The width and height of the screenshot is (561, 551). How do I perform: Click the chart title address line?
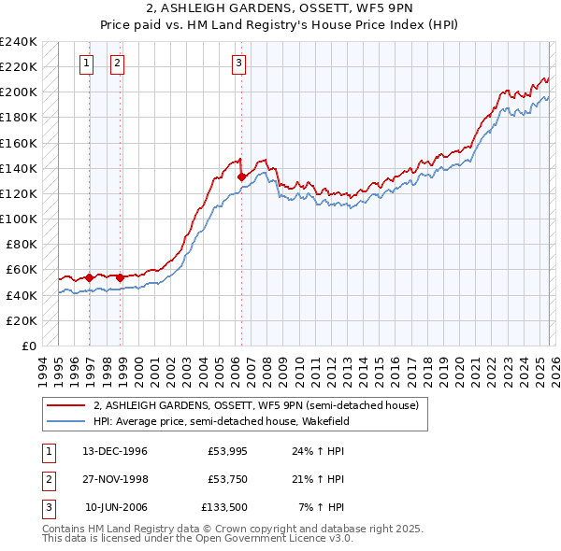(280, 10)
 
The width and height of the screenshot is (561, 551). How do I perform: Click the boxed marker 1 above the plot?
(86, 64)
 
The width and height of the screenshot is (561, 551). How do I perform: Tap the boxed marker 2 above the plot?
(117, 64)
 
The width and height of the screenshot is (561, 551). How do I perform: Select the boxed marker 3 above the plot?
(238, 64)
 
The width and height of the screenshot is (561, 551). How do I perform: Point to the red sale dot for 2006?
(241, 176)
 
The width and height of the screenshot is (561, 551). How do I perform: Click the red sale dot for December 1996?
(90, 277)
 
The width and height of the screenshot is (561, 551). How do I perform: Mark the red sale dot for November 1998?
(120, 277)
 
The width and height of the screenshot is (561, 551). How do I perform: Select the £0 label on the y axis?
(28, 346)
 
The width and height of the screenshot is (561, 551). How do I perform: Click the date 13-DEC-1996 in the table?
(115, 450)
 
